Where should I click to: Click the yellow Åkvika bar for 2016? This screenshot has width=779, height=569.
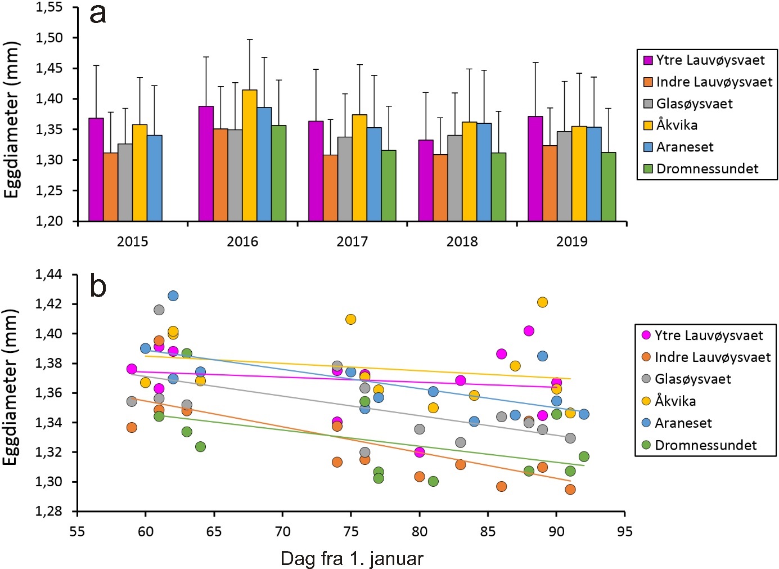pyautogui.click(x=250, y=155)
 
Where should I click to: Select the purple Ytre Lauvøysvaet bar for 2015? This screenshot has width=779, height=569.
pyautogui.click(x=96, y=169)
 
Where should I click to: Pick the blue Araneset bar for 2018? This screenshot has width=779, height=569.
pyautogui.click(x=484, y=172)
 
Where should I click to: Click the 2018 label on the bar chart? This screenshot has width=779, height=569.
pyautogui.click(x=462, y=241)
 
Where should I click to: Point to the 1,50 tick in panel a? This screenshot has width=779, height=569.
pyautogui.click(x=49, y=38)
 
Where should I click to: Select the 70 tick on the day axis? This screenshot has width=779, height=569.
pyautogui.click(x=282, y=531)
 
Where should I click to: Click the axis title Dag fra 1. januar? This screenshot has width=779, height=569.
pyautogui.click(x=352, y=558)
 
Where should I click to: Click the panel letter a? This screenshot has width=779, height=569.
pyautogui.click(x=98, y=14)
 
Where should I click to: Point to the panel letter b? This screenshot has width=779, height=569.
pyautogui.click(x=98, y=286)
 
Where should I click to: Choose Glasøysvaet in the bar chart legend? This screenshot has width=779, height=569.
pyautogui.click(x=694, y=104)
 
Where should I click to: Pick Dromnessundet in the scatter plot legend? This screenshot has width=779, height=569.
pyautogui.click(x=705, y=445)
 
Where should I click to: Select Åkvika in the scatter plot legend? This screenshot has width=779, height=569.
pyautogui.click(x=675, y=401)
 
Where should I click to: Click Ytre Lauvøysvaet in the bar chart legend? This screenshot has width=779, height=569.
pyautogui.click(x=710, y=60)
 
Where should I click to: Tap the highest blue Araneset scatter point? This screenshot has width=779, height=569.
pyautogui.click(x=173, y=296)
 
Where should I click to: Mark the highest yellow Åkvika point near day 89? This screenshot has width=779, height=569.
pyautogui.click(x=542, y=302)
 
